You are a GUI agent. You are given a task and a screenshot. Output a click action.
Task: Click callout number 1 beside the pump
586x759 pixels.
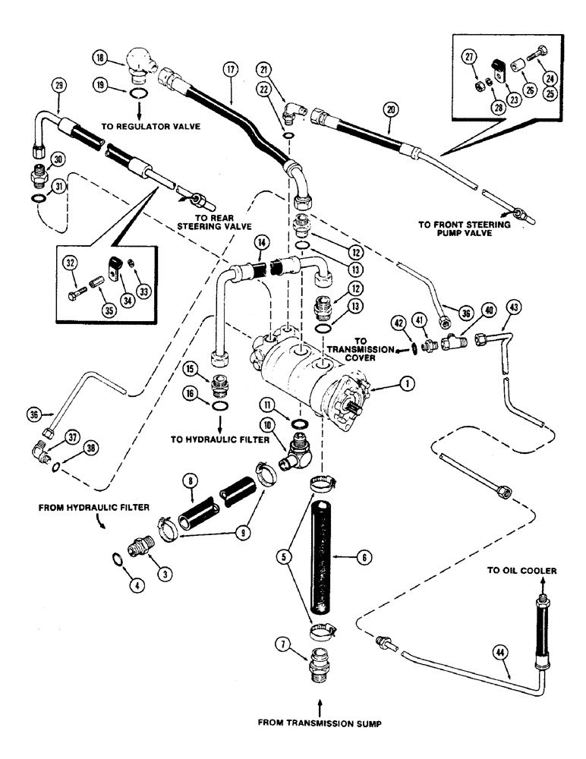click(x=408, y=384)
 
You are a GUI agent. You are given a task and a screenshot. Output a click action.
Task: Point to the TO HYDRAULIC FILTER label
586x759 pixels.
click(x=220, y=439)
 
